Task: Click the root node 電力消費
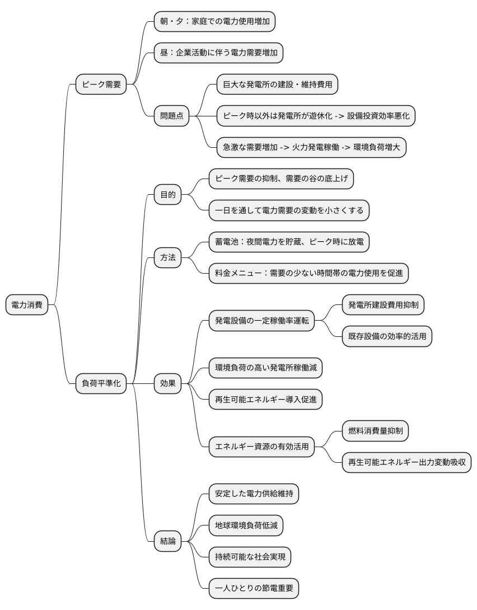click(27, 306)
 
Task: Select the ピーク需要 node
click(101, 85)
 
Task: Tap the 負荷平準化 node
click(101, 383)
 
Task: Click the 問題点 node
click(172, 116)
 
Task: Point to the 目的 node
click(168, 195)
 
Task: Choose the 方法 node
click(168, 257)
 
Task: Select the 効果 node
click(168, 383)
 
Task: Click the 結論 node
click(168, 541)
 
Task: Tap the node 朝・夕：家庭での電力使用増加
click(215, 22)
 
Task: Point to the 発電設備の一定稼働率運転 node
click(261, 321)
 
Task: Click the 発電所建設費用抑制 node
click(386, 305)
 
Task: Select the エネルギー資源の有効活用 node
click(261, 447)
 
